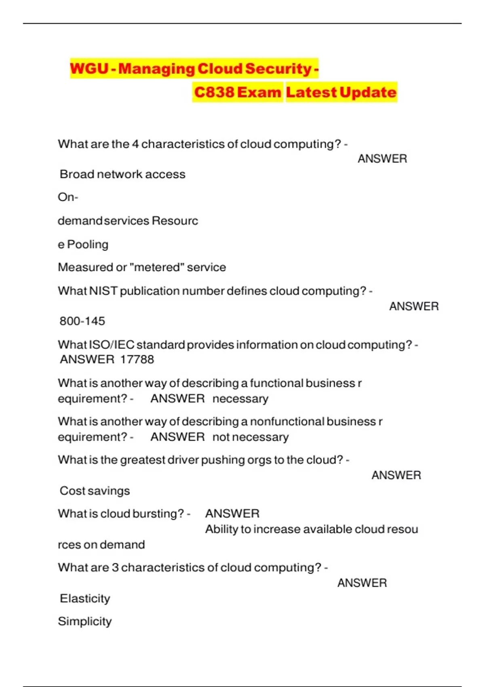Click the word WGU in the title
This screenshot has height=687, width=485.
point(89,68)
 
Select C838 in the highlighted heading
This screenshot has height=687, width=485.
point(214,92)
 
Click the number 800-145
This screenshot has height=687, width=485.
point(82,321)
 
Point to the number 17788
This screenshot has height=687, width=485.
point(137,359)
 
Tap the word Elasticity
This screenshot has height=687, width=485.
point(85,598)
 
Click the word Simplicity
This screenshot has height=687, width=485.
point(85,621)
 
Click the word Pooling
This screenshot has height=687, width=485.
point(88,244)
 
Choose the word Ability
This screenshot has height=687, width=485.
point(221,529)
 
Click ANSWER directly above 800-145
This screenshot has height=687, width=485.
point(414,306)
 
